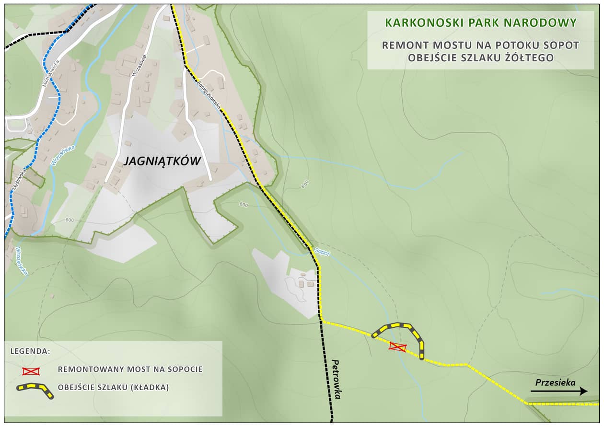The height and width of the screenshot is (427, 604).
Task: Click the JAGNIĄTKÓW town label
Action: pos(162,161)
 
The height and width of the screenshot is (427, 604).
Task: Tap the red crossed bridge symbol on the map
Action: pos(398,347)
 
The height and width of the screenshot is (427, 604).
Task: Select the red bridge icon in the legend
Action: pos(31,371)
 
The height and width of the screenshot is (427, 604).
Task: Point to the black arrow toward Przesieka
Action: pos(559,391)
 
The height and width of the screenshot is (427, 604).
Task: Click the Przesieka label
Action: pos(555,382)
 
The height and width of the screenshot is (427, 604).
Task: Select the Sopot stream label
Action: pos(323,252)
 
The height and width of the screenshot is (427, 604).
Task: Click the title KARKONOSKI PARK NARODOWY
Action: pos(481,23)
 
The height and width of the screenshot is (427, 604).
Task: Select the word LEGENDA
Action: pos(30,351)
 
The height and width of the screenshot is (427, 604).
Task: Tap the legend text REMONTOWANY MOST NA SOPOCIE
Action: pos(130,369)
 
